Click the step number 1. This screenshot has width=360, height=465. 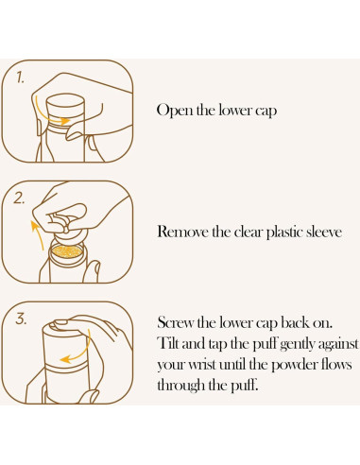tap(20, 77)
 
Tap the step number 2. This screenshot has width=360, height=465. tap(19, 198)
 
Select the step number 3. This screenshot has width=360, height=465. tap(21, 319)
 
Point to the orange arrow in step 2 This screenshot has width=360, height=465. tap(38, 233)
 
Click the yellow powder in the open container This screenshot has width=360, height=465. tap(67, 251)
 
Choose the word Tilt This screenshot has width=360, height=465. tap(168, 343)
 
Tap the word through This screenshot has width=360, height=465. tap(180, 386)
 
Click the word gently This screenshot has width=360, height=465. tap(297, 344)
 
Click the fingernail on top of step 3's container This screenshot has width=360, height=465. tap(60, 322)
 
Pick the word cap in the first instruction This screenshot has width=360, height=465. tap(266, 112)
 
